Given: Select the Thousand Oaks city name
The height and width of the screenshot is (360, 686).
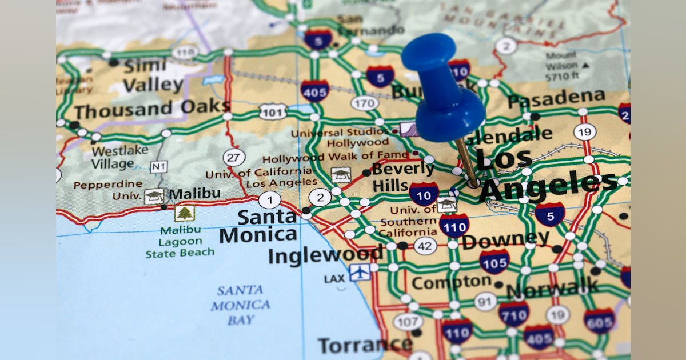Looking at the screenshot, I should (x=151, y=109).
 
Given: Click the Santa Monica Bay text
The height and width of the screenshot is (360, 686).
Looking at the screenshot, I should (x=240, y=305).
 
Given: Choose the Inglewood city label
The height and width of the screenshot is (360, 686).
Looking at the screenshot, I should (x=326, y=255).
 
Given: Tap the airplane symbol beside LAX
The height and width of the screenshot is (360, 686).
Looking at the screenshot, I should (x=360, y=273).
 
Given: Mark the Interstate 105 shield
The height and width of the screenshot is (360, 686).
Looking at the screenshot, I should (x=494, y=262).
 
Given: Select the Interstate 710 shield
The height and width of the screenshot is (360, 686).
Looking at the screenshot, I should (x=513, y=314).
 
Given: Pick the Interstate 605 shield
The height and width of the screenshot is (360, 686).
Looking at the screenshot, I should (x=599, y=321).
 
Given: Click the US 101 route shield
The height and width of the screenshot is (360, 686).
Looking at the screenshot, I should (x=273, y=111).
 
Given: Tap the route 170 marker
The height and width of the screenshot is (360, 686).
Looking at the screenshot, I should (x=364, y=103).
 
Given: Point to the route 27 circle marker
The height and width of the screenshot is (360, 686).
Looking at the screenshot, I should (x=234, y=157).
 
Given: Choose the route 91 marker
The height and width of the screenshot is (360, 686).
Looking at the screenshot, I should (x=485, y=301).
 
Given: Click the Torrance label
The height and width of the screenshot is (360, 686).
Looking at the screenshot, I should (x=365, y=345).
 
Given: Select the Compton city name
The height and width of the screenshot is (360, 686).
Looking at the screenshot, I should (x=451, y=282).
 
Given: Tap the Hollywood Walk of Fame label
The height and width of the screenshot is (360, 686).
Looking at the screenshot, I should (x=336, y=156).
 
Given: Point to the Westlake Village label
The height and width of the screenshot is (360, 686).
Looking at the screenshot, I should (x=119, y=157).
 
